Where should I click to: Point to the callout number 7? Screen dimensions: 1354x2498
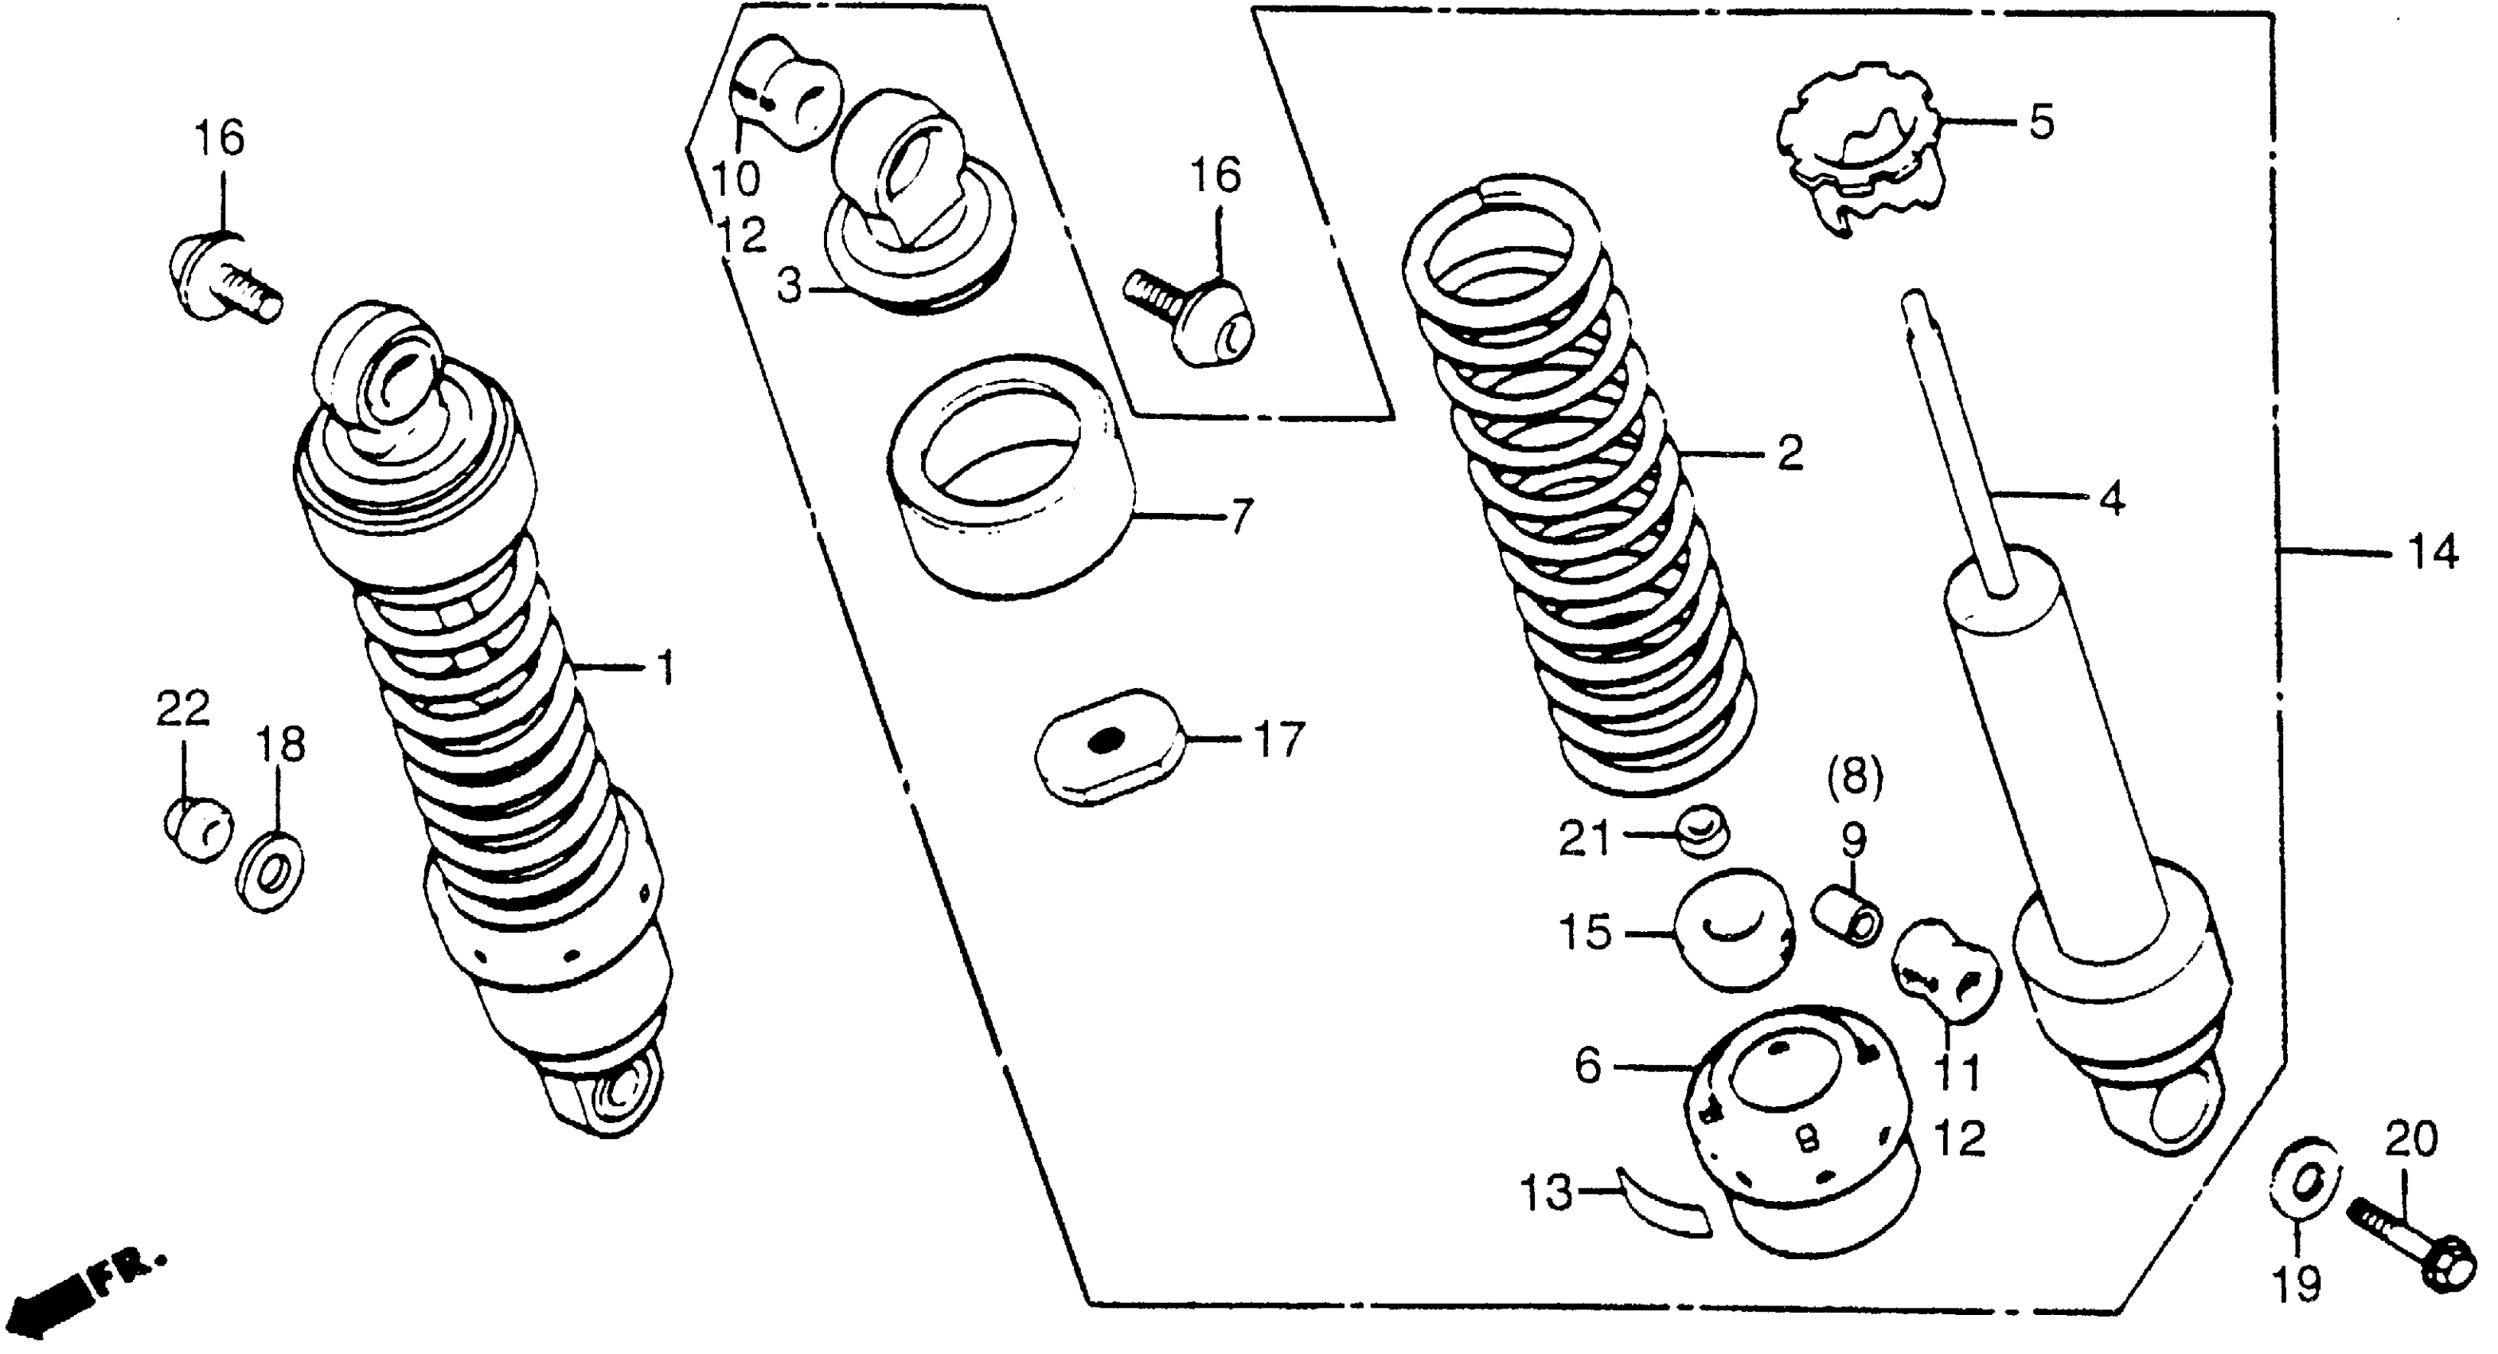1242,515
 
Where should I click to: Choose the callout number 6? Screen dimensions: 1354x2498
1587,1067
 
